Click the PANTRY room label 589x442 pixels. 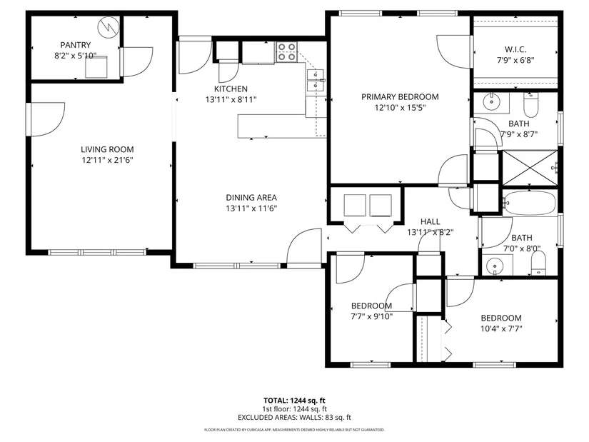tap(76, 45)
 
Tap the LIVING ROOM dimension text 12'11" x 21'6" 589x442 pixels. tap(107, 160)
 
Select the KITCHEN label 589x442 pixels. tap(231, 89)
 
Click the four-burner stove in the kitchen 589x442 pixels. tap(287, 52)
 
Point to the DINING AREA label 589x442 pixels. tap(251, 198)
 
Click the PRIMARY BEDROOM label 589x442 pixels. tap(400, 97)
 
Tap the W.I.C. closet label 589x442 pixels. tap(515, 49)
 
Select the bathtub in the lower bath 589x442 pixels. tap(530, 203)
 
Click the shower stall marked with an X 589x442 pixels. tap(530, 168)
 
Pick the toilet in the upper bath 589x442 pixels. tap(530, 105)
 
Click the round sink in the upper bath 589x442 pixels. tap(491, 101)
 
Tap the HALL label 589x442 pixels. tap(430, 222)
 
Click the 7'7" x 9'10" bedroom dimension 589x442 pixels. tap(371, 317)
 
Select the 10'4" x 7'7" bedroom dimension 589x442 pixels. tap(501, 329)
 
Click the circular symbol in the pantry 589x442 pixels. tap(109, 27)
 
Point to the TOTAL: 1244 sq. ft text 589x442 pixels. tap(294, 401)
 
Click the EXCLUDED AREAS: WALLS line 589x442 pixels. tap(294, 418)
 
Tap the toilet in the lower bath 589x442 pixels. tap(538, 263)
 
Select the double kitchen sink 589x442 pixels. tap(315, 81)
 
